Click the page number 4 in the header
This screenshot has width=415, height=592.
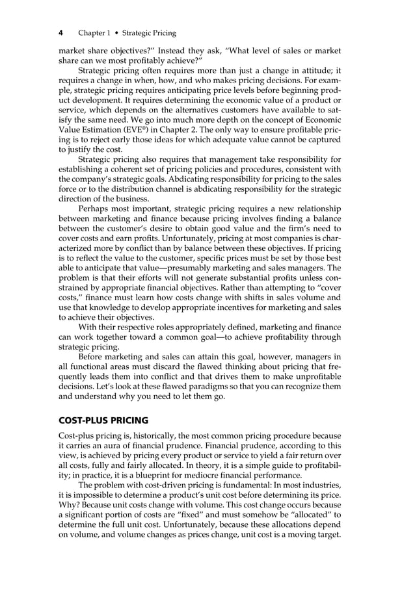pyautogui.click(x=60, y=32)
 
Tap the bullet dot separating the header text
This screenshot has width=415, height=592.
pyautogui.click(x=117, y=32)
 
